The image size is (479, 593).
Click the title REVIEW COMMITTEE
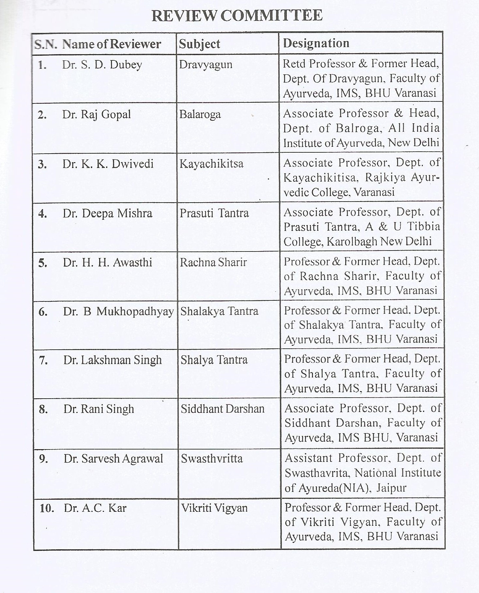click(237, 16)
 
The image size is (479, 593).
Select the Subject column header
click(199, 44)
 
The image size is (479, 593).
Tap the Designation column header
click(316, 43)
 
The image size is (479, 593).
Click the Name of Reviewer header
click(111, 44)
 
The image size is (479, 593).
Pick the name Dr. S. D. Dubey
click(102, 65)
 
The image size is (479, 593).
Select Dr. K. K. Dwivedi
click(108, 164)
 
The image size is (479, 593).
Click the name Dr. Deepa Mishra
click(107, 213)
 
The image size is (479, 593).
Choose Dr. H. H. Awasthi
click(107, 262)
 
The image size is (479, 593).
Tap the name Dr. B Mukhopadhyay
click(118, 312)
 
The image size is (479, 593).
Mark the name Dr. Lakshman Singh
click(113, 360)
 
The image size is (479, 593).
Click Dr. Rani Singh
click(99, 409)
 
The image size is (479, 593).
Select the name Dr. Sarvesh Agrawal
click(113, 459)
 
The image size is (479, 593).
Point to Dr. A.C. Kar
click(95, 508)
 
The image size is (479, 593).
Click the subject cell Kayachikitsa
click(211, 163)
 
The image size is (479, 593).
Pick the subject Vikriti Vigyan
click(214, 508)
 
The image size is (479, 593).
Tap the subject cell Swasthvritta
click(212, 459)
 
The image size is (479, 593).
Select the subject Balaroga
click(200, 114)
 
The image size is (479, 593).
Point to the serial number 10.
click(47, 508)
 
